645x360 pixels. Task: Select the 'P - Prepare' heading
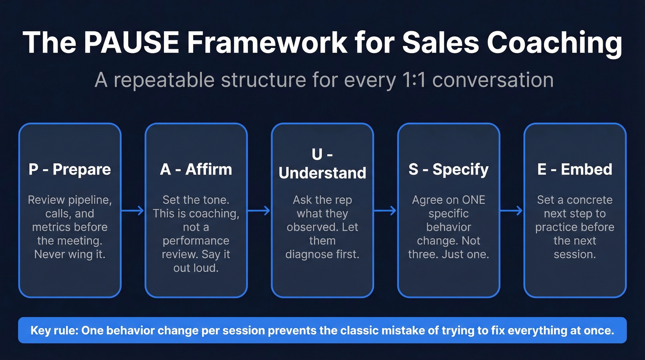(x=70, y=169)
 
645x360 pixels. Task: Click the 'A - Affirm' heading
(x=196, y=169)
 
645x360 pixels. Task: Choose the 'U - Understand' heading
(x=322, y=164)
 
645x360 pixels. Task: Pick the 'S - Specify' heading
(x=448, y=169)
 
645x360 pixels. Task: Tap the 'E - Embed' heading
(x=575, y=169)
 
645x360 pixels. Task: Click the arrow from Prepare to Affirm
(x=133, y=211)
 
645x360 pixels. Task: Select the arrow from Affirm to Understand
(x=259, y=211)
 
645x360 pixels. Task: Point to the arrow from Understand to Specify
(x=385, y=211)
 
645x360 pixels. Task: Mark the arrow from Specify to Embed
(x=511, y=211)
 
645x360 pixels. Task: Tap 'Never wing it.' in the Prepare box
(x=70, y=254)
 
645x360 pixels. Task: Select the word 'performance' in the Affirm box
(x=196, y=241)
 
